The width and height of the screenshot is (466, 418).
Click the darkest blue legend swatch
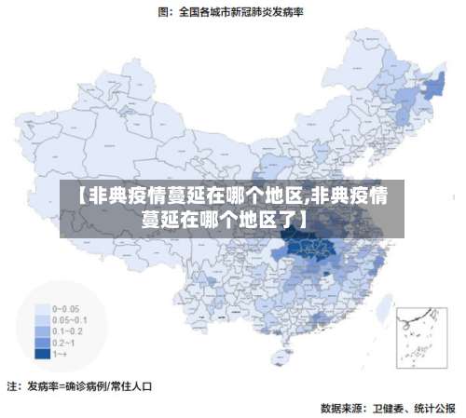[x=43, y=354]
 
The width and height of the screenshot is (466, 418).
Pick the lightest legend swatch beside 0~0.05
[x=43, y=308]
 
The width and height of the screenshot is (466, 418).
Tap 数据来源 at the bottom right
[x=341, y=407]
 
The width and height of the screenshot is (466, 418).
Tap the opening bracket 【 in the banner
[x=81, y=196]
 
